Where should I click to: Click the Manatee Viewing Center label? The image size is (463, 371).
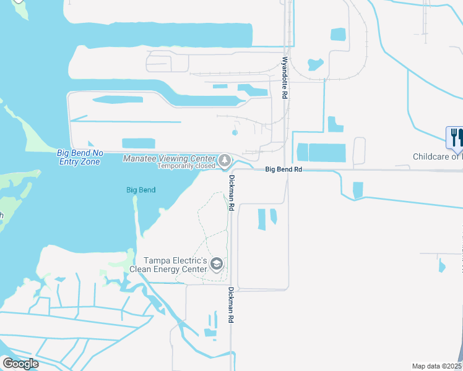coord(170,158)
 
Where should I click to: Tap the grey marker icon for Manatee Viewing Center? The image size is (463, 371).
coord(225,161)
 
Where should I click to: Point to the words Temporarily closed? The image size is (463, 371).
coord(186,166)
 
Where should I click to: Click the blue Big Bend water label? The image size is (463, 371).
coord(141,190)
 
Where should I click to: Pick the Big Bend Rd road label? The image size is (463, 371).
coord(283,169)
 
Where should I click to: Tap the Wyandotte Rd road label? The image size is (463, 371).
coord(285,79)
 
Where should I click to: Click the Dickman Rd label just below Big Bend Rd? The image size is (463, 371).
coord(231,194)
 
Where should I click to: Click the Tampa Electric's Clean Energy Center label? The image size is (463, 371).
coord(175,265)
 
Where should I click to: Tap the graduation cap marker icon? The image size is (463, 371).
coord(216,265)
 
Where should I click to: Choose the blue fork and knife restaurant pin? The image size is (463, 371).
coord(455,138)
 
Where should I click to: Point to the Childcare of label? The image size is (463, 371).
coord(437,157)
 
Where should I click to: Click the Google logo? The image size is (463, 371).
coord(20,364)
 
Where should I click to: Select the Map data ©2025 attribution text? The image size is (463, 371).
coord(437,366)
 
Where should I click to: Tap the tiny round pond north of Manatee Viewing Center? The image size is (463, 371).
coord(235,132)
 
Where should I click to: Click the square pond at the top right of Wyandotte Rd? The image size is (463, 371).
coord(338,34)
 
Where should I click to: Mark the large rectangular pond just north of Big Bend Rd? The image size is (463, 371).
coord(327,152)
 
